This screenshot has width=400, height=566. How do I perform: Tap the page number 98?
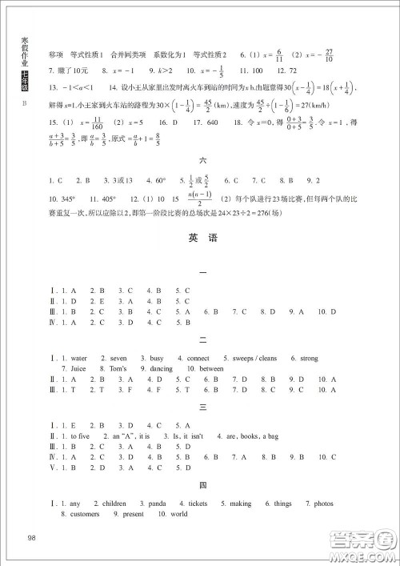[33, 536]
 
